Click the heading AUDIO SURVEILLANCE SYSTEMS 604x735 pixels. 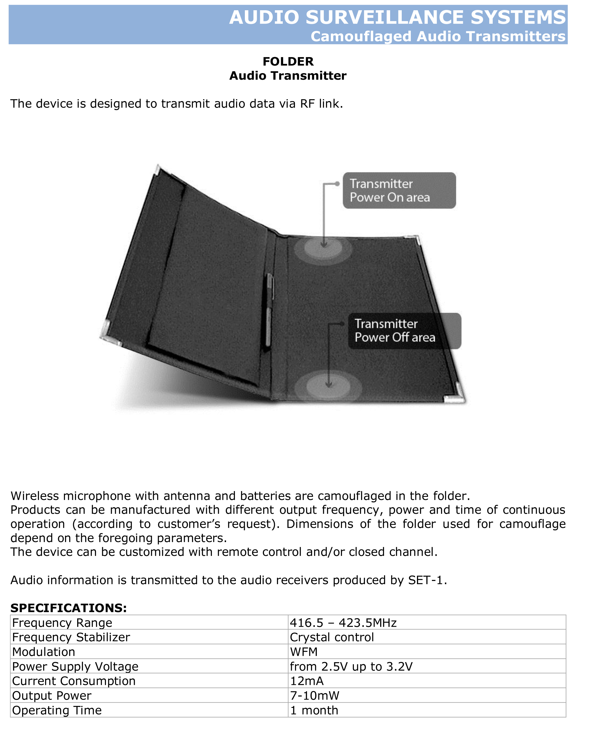[397, 17]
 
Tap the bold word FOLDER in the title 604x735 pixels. [288, 62]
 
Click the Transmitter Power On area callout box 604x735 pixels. [399, 191]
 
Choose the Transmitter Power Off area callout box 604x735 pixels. [404, 331]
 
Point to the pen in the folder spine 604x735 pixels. [269, 310]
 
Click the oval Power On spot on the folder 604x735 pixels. [323, 249]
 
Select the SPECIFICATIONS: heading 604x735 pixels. [69, 608]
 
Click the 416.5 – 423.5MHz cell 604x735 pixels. [343, 623]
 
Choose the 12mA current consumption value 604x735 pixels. [307, 681]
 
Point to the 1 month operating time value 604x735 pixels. [314, 710]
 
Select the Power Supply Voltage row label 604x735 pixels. [75, 666]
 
